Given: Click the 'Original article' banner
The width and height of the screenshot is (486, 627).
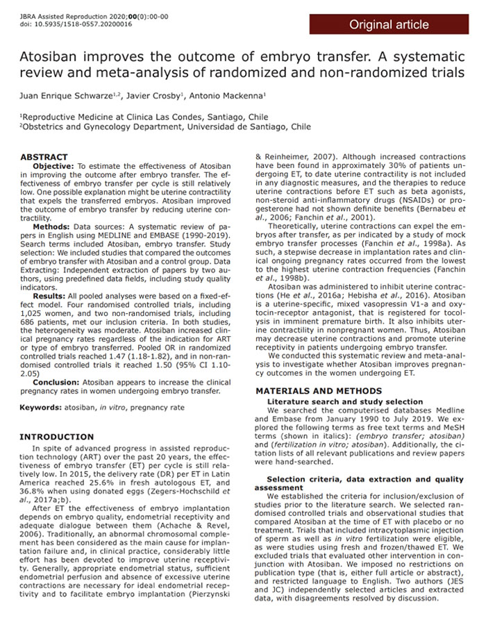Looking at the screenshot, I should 389,25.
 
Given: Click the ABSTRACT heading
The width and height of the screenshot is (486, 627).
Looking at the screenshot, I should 44,158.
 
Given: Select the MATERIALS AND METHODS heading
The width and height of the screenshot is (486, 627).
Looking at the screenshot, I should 314,392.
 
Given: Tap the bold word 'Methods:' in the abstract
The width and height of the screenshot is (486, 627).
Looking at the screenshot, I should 50,227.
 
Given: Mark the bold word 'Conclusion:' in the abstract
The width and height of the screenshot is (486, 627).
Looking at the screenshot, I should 56,381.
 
